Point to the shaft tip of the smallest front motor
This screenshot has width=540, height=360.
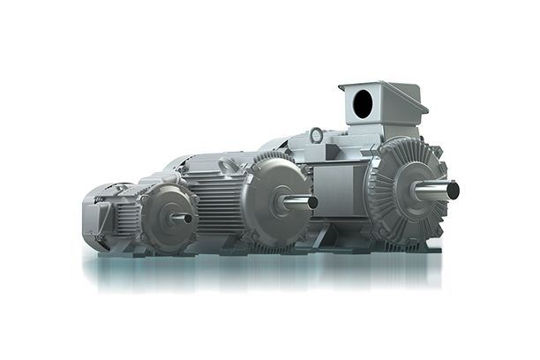(x=190, y=217)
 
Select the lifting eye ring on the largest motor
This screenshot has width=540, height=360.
(x=316, y=136)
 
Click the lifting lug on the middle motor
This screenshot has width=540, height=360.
(x=227, y=164)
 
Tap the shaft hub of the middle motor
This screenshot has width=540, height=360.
(x=285, y=203)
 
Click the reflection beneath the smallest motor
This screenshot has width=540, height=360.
(x=150, y=269)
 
